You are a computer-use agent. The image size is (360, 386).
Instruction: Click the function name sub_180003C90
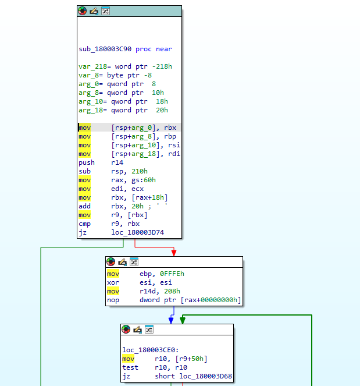click(x=105, y=49)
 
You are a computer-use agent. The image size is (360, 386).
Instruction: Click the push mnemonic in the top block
click(x=87, y=162)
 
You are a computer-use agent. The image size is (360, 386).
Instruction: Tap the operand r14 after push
click(x=117, y=162)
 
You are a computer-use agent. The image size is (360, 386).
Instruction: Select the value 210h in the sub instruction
click(x=140, y=171)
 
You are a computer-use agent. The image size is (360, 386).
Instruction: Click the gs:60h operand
click(x=144, y=180)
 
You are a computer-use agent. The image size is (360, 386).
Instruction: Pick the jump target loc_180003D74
click(x=137, y=232)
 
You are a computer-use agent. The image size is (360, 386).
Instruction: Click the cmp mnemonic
click(x=84, y=224)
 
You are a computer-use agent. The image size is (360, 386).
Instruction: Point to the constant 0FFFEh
click(x=172, y=274)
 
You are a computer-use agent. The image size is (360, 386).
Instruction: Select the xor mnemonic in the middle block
click(x=113, y=282)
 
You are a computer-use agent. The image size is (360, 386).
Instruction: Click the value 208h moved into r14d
click(x=172, y=291)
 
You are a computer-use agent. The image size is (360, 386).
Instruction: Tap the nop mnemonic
click(x=113, y=300)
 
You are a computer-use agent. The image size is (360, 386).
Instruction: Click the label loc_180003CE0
click(x=151, y=350)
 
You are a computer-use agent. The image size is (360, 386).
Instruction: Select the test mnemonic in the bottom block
click(x=130, y=367)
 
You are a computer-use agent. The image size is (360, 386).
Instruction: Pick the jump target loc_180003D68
click(x=205, y=376)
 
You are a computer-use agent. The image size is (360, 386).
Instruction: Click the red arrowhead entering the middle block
click(x=174, y=253)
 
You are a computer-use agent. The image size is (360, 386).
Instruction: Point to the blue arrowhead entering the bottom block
click(x=171, y=321)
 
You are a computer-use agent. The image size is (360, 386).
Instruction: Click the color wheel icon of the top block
click(x=83, y=11)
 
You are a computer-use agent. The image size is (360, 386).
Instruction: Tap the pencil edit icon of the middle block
click(x=122, y=262)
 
